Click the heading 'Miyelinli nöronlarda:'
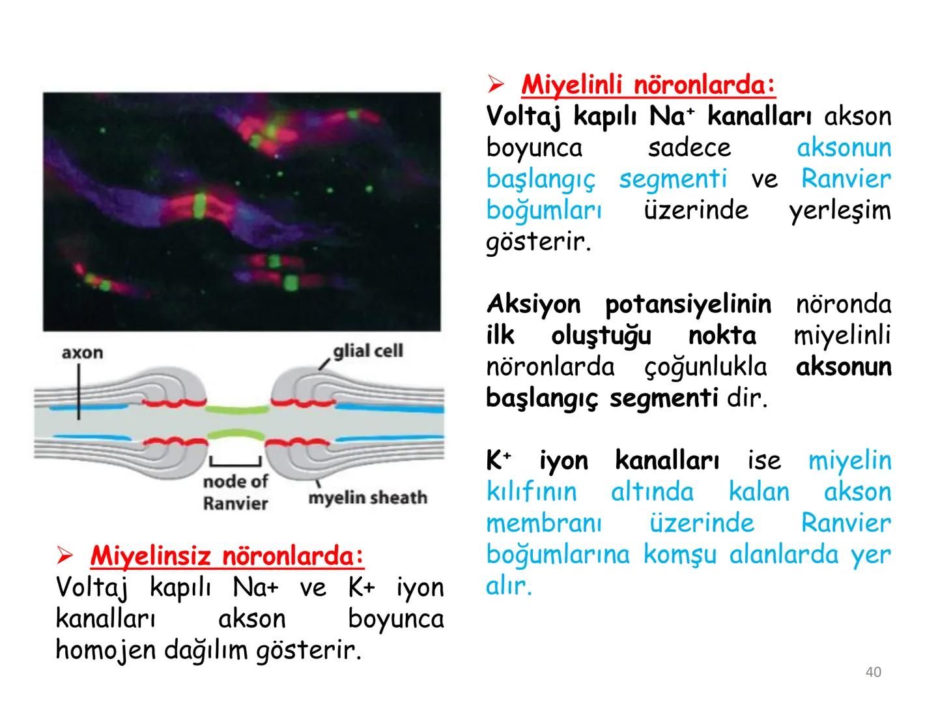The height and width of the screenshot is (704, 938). tap(648, 84)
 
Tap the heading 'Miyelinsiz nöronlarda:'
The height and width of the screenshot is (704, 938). tap(227, 556)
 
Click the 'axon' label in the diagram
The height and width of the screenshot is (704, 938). tap(82, 353)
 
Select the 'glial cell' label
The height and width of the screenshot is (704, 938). tap(368, 351)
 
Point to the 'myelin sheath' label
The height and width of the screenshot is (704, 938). tap(367, 498)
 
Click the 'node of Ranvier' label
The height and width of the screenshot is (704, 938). tap(235, 493)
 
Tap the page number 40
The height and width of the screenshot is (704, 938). tap(873, 672)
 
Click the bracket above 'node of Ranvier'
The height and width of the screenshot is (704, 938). tap(235, 463)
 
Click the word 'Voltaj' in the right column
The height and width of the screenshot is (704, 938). tap(524, 117)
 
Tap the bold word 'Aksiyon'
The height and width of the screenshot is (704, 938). tap(533, 304)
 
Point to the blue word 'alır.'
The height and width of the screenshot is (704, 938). tap(509, 586)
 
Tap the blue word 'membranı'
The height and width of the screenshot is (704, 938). tap(544, 523)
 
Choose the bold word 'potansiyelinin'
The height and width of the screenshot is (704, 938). tap(688, 304)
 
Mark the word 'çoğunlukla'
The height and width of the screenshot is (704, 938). tap(705, 367)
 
